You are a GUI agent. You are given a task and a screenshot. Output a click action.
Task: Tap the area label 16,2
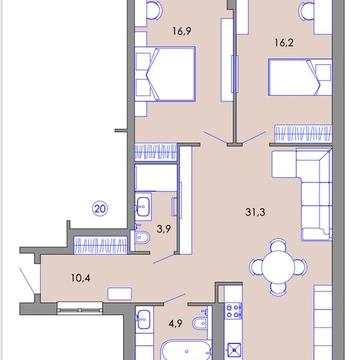click(284, 43)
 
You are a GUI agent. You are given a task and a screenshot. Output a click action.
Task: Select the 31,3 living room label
click(255, 212)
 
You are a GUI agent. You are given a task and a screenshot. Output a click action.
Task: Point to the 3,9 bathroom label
click(163, 229)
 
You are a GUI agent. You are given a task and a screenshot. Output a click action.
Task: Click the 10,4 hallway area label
click(80, 277)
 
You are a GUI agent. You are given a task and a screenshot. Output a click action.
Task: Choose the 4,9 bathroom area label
click(176, 323)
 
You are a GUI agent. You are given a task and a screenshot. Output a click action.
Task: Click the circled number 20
click(100, 209)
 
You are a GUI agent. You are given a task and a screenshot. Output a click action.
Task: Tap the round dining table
click(278, 267)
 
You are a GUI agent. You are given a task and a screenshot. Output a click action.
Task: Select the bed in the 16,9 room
click(165, 74)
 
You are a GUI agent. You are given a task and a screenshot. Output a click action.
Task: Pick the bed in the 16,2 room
click(300, 77)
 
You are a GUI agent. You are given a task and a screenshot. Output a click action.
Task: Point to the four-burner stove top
click(233, 311)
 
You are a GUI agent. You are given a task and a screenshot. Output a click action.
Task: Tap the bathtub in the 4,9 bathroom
click(186, 351)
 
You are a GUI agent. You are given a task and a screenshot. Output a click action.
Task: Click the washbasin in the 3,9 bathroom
click(144, 206)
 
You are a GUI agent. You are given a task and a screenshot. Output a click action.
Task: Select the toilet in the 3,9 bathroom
click(141, 237)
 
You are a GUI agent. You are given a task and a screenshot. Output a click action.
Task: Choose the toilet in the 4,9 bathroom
click(200, 323)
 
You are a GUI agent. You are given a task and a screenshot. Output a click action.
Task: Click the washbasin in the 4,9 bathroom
click(144, 319)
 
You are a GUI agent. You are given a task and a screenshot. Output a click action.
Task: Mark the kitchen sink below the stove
click(234, 350)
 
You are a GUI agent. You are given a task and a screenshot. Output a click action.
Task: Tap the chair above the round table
click(278, 245)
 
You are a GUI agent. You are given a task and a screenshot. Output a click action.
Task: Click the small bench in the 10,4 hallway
click(120, 294)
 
